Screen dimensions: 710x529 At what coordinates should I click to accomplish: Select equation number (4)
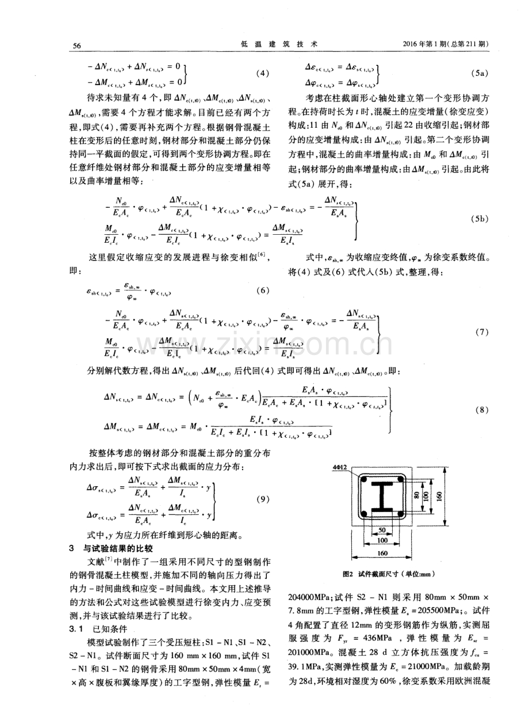[261, 73]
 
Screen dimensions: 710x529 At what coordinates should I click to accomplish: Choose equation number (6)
[261, 291]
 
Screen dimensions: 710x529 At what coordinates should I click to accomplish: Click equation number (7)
[482, 333]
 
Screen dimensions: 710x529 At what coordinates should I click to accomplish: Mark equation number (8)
[482, 410]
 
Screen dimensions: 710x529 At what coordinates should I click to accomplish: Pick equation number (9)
[261, 499]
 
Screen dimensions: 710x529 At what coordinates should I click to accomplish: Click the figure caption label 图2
[348, 574]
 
